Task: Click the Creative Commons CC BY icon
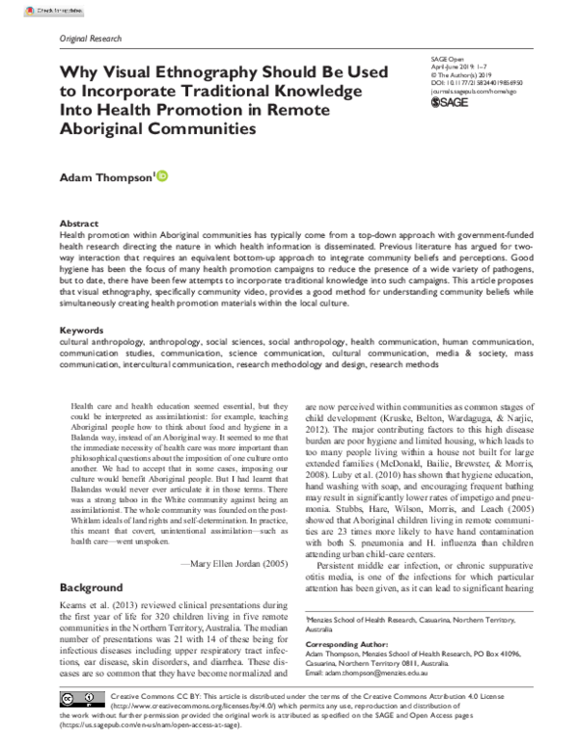pos(82,697)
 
